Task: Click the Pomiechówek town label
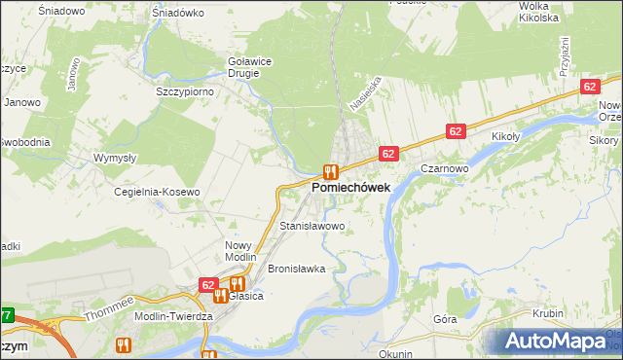tap(351, 186)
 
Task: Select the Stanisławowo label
tap(312, 226)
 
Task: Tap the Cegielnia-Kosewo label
tap(157, 192)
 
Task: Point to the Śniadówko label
tap(177, 14)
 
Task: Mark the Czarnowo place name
tap(446, 167)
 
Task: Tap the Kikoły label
tap(509, 137)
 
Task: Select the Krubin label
tap(549, 313)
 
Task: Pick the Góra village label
tap(445, 319)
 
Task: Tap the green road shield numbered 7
tap(6, 315)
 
